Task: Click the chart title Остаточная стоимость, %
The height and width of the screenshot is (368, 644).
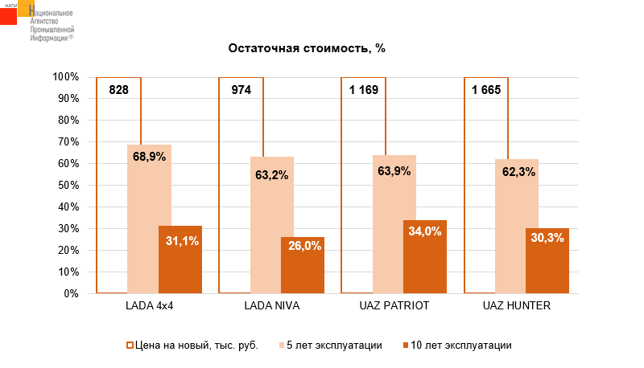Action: click(x=307, y=47)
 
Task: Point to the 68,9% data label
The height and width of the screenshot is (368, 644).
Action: click(x=149, y=157)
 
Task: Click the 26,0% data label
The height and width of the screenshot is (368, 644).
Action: click(x=303, y=246)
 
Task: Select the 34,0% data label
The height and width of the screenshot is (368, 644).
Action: click(x=425, y=231)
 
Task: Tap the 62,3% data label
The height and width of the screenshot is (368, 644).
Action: click(x=518, y=171)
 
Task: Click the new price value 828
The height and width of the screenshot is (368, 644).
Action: click(x=119, y=89)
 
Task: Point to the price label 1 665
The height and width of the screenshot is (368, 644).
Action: click(x=486, y=89)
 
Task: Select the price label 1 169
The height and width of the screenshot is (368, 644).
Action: click(x=364, y=89)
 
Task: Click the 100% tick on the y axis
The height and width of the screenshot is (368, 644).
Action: click(x=65, y=77)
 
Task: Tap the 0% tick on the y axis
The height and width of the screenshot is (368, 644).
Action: click(x=71, y=294)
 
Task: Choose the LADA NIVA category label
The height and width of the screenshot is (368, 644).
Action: click(x=271, y=307)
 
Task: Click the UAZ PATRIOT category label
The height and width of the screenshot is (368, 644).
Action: click(x=394, y=307)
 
